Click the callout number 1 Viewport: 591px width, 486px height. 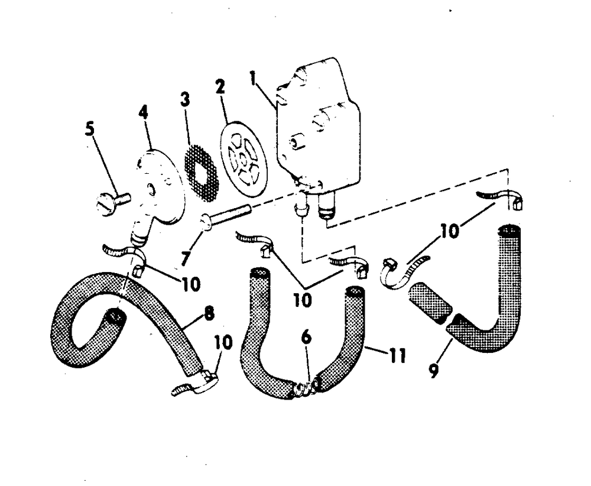point(252,79)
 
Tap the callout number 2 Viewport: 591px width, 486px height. point(220,87)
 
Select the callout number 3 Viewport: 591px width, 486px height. point(184,99)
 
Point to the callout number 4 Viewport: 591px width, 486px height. point(143,112)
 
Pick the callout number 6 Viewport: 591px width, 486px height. point(306,336)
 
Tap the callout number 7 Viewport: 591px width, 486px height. point(186,258)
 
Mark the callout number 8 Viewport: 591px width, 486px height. point(209,313)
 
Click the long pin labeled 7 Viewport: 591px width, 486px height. point(226,215)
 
